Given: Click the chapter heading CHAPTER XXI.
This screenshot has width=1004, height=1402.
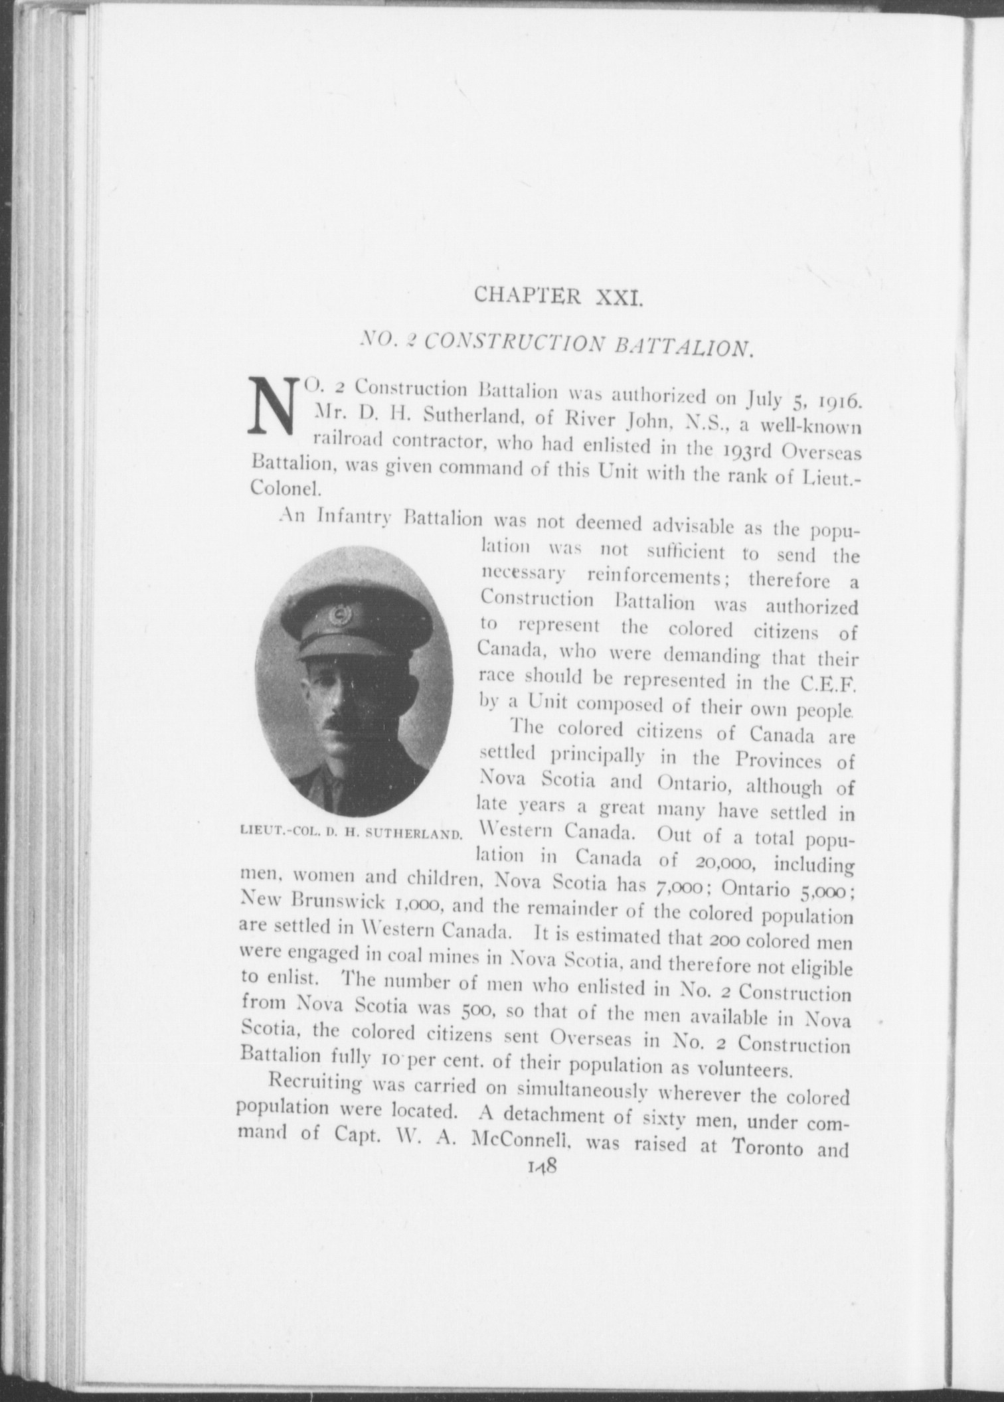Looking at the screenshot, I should click(558, 294).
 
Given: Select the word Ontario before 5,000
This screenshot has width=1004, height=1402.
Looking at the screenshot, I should click(750, 888).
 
